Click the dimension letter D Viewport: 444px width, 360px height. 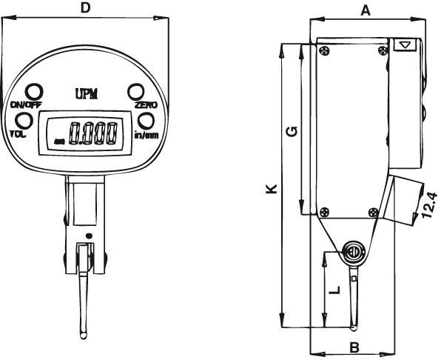pyautogui.click(x=85, y=8)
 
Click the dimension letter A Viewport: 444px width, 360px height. pyautogui.click(x=366, y=11)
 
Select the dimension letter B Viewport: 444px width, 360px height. pyautogui.click(x=354, y=347)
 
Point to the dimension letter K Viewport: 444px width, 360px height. pyautogui.click(x=272, y=189)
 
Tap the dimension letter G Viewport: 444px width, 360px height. pyautogui.click(x=292, y=132)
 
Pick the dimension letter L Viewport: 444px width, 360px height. pyautogui.click(x=335, y=290)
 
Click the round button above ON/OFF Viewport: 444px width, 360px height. pyautogui.click(x=34, y=92)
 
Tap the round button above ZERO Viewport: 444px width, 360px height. pyautogui.click(x=136, y=92)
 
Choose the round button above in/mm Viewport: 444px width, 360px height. pyautogui.click(x=146, y=121)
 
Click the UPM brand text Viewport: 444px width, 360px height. pyautogui.click(x=87, y=94)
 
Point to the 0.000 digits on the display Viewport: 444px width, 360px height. pyautogui.click(x=94, y=133)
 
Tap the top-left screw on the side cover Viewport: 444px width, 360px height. pyautogui.click(x=324, y=51)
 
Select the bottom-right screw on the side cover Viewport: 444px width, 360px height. pyautogui.click(x=374, y=213)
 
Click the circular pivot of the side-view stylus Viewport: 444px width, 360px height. pyautogui.click(x=353, y=252)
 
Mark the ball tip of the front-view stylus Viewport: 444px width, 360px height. pyautogui.click(x=83, y=335)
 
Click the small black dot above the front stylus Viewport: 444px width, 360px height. pyautogui.click(x=90, y=236)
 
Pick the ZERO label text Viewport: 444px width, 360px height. pyautogui.click(x=146, y=105)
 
